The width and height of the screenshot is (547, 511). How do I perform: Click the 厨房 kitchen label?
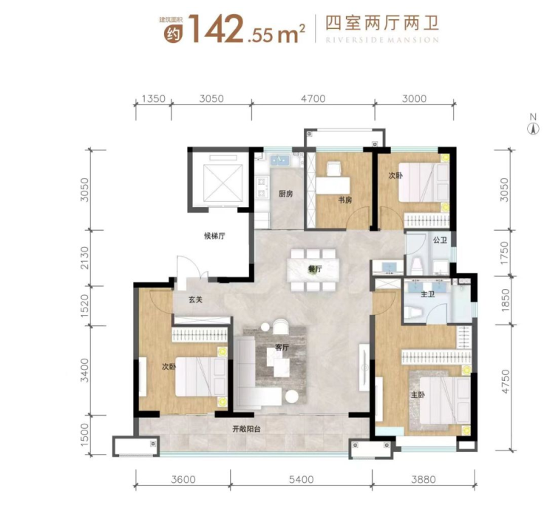click(x=285, y=194)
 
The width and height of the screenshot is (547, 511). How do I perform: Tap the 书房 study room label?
click(x=344, y=200)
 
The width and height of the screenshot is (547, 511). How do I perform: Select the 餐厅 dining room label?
click(x=315, y=269)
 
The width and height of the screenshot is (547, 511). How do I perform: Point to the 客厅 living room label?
click(x=282, y=348)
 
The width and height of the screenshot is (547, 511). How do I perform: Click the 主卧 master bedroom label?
click(x=418, y=395)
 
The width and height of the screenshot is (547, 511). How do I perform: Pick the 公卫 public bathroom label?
click(x=440, y=240)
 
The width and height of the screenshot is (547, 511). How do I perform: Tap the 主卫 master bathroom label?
click(x=428, y=294)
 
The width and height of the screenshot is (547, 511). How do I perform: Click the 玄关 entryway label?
click(x=195, y=300)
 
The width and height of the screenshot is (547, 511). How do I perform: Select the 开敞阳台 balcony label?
click(x=246, y=430)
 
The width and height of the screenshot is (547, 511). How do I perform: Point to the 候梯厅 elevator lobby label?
click(x=214, y=236)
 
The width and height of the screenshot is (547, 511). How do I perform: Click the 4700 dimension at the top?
click(x=313, y=99)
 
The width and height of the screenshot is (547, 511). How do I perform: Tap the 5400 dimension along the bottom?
click(x=302, y=480)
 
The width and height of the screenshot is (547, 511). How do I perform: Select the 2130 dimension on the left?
click(x=85, y=257)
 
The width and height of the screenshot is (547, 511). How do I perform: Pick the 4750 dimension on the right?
click(x=505, y=382)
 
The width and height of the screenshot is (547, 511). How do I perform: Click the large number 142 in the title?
click(x=216, y=30)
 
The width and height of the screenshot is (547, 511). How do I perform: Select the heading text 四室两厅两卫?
click(x=382, y=24)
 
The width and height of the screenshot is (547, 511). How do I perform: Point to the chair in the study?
click(x=333, y=169)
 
